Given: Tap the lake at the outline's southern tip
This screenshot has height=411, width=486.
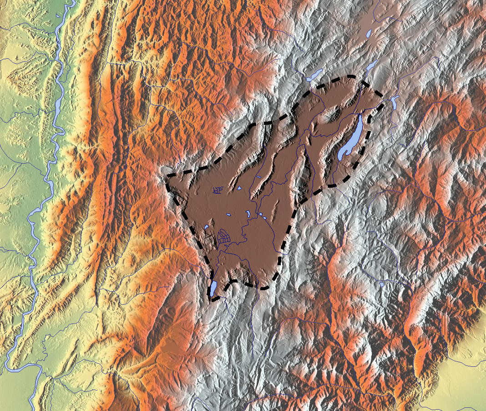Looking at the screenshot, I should pyautogui.click(x=213, y=288).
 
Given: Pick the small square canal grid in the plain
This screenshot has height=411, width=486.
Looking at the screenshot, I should pyautogui.click(x=218, y=190).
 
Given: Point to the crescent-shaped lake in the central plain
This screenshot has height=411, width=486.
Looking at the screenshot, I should pyautogui.click(x=248, y=213).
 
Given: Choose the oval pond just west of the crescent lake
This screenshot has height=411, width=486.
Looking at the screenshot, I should pyautogui.click(x=229, y=215).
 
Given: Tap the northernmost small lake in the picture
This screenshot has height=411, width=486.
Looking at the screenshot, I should pyautogui.click(x=369, y=33).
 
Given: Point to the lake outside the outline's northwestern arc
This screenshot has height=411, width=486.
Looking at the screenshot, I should pyautogui.click(x=314, y=75).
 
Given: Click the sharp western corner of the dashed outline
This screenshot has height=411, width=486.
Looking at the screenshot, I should pyautogui.click(x=167, y=175).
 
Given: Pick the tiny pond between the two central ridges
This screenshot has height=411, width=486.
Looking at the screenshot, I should pyautogui.click(x=258, y=177).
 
